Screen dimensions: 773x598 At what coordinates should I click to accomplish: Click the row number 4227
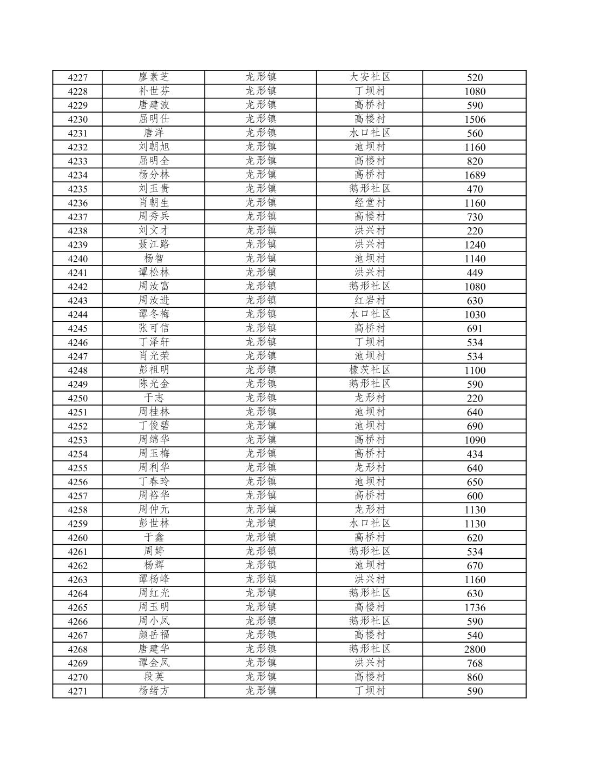pos(77,77)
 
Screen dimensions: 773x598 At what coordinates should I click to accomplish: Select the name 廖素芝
pos(154,77)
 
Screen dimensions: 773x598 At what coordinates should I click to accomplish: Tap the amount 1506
pos(475,120)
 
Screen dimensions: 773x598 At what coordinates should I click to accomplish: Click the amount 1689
pos(475,175)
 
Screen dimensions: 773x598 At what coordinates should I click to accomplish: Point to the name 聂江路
pos(154,245)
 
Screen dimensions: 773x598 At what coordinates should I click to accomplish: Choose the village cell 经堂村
pos(370,203)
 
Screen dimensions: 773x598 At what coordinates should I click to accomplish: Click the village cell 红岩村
pos(370,300)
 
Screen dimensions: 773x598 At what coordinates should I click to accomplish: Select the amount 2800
pos(475,649)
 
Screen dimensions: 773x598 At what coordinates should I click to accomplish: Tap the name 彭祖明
pos(154,370)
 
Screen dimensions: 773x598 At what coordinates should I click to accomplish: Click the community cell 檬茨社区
pos(370,370)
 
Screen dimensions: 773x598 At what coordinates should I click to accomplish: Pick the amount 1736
pos(475,607)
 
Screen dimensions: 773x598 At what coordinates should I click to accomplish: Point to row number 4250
pos(77,398)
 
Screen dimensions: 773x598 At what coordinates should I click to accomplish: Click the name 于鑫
pos(154,538)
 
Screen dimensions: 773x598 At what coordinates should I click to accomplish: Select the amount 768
pos(475,663)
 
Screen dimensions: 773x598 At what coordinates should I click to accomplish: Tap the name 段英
pos(154,677)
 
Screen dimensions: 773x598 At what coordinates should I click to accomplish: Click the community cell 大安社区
pos(370,77)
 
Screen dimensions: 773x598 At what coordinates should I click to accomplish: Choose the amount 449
pos(475,273)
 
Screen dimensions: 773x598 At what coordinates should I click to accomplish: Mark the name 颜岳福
pos(154,635)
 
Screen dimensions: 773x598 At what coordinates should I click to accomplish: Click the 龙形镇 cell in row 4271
pos(261,691)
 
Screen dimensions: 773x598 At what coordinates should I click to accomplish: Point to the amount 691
pos(475,328)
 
